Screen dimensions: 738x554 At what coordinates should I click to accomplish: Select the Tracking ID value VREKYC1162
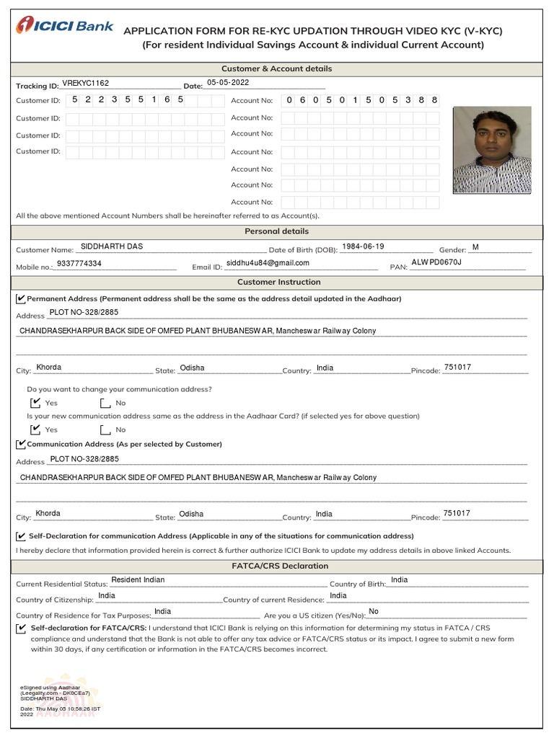coord(85,84)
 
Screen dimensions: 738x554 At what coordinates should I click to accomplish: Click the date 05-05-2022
coord(227,83)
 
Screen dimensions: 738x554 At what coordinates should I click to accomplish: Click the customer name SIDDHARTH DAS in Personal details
coord(112,246)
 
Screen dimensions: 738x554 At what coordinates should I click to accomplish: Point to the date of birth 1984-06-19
coord(363,246)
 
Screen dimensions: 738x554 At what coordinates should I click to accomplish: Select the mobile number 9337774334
coord(79,264)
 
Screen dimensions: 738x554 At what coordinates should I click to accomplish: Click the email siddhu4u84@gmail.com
coord(268,264)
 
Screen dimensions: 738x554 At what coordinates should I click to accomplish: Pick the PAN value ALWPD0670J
coord(436,262)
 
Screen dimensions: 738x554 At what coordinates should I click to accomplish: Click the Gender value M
coord(475,247)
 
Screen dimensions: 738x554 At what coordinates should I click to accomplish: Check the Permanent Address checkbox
coord(20,298)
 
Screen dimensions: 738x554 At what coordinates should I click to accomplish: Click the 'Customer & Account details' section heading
coord(277,68)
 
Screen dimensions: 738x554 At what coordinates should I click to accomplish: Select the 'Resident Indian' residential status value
coord(138,580)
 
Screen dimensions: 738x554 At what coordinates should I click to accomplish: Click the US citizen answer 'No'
coord(373,612)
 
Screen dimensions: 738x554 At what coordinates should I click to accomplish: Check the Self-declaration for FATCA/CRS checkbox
coord(20,628)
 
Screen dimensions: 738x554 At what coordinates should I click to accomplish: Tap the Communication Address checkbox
coord(20,444)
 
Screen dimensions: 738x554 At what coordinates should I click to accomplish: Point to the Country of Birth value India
coord(399,580)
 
